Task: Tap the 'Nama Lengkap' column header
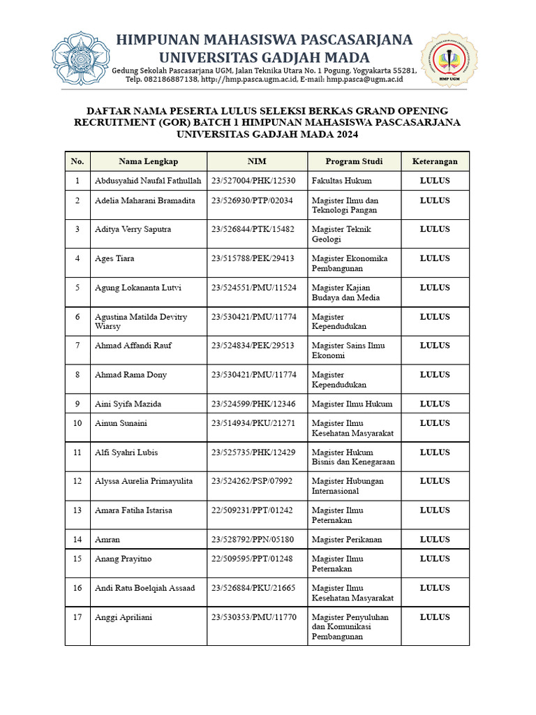pyautogui.click(x=148, y=161)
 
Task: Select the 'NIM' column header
pyautogui.click(x=257, y=161)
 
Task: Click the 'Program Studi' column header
pyautogui.click(x=354, y=161)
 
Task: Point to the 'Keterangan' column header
pyautogui.click(x=435, y=161)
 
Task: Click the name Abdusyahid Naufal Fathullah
pyautogui.click(x=148, y=181)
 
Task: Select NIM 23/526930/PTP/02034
pyautogui.click(x=253, y=200)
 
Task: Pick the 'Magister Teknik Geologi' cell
pyautogui.click(x=341, y=234)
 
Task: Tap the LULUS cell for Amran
pyautogui.click(x=435, y=539)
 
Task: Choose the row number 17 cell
pyautogui.click(x=77, y=617)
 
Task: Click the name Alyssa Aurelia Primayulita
pyautogui.click(x=144, y=481)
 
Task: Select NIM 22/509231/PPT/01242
pyautogui.click(x=253, y=510)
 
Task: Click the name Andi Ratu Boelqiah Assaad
pyautogui.click(x=144, y=588)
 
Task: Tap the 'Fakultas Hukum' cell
pyautogui.click(x=342, y=181)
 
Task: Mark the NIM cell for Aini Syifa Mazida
pyautogui.click(x=253, y=404)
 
